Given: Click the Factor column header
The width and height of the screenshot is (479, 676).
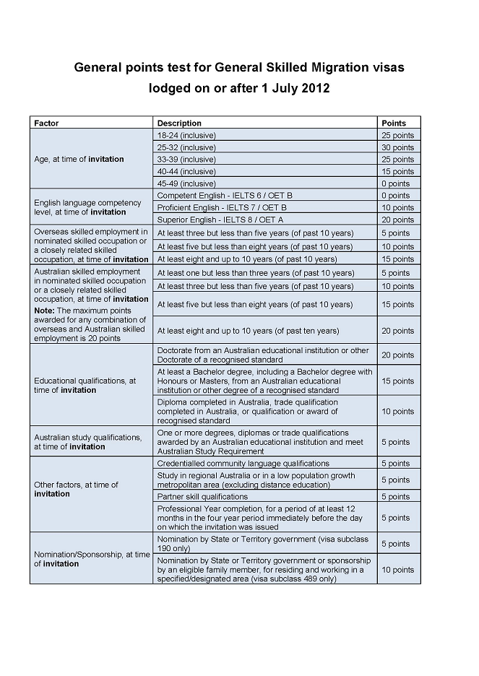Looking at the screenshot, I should click(46, 123).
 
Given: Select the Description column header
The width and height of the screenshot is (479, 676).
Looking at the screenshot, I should click(179, 123).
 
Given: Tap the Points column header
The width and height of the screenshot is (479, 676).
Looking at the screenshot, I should click(394, 123).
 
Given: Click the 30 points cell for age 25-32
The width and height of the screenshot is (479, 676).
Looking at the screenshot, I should click(398, 147).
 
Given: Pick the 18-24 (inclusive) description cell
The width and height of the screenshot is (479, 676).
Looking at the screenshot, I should click(186, 135).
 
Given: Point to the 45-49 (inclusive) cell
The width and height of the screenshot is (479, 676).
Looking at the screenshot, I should click(186, 183).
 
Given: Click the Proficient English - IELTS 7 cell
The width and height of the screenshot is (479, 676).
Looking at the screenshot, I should click(222, 207).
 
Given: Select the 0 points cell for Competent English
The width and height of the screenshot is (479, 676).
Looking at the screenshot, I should click(395, 196).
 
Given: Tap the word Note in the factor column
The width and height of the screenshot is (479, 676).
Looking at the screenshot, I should click(44, 311).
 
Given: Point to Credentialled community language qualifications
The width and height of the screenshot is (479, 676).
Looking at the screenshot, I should click(243, 464).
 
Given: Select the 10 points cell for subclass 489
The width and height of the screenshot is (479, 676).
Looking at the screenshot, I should click(398, 570).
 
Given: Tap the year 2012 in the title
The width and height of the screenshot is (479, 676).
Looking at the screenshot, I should click(315, 89).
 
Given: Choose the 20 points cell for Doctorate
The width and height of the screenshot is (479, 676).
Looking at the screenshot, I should click(398, 355).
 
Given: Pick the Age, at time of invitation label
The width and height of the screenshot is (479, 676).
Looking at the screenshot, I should click(79, 159).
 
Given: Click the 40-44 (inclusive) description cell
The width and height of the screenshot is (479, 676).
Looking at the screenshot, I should click(186, 171).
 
